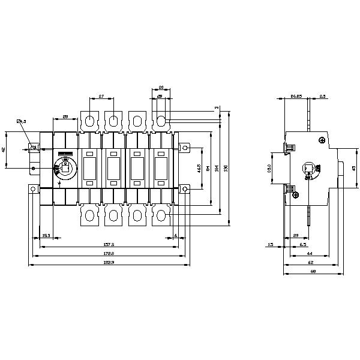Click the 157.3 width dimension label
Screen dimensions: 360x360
[109, 245]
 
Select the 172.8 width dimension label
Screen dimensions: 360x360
[109, 254]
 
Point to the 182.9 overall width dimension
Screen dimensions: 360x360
[109, 263]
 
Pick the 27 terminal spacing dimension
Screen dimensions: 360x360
[101, 97]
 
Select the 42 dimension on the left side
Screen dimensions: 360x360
[21, 149]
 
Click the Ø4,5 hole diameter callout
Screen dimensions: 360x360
[21, 122]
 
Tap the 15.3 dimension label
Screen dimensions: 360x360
[46, 235]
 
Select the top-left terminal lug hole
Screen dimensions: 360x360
[88, 121]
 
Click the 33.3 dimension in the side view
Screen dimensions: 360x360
[270, 169]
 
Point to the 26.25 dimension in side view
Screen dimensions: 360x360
[295, 97]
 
